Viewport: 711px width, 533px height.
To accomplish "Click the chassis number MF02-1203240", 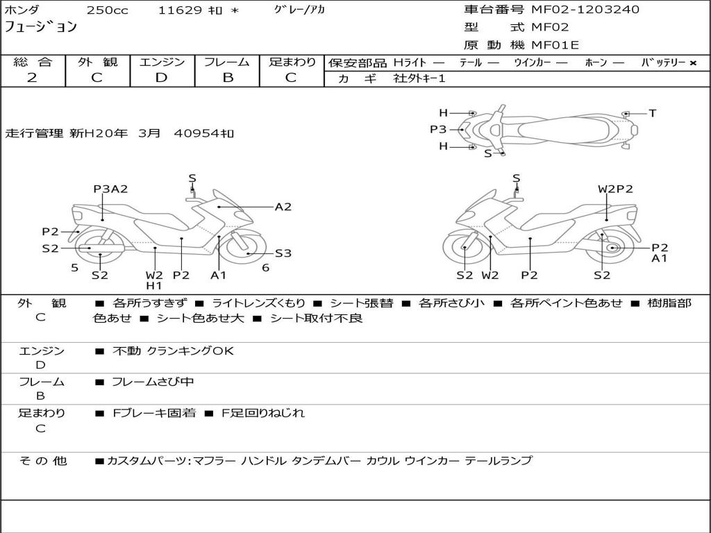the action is [585, 10].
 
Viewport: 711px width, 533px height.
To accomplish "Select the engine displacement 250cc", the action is [102, 10].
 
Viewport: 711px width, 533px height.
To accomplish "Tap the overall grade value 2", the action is [32, 78].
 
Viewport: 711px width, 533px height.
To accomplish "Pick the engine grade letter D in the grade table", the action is [162, 78].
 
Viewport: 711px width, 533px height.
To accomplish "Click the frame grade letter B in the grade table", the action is [227, 78].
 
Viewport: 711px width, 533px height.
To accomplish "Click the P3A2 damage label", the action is [110, 189].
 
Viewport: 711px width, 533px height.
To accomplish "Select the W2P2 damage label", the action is [615, 189].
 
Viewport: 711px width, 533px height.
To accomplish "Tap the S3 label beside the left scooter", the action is [283, 253].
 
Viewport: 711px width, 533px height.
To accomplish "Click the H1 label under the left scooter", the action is [154, 285].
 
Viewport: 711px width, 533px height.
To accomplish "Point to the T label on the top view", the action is [652, 113].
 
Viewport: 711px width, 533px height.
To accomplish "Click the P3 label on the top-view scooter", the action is [438, 129].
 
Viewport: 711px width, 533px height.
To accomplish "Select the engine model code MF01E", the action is [555, 45].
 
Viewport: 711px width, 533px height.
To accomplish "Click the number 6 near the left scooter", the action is [265, 268].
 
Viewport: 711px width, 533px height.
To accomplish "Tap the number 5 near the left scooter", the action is [74, 268].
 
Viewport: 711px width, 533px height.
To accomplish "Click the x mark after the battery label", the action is [692, 62].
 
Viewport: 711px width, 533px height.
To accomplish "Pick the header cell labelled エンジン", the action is [162, 62].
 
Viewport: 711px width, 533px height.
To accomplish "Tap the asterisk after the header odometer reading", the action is [235, 10].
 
